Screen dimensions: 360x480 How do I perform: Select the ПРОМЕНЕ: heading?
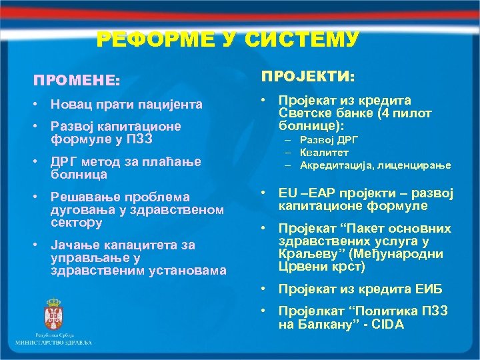point(77,80)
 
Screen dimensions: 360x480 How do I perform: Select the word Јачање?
point(74,245)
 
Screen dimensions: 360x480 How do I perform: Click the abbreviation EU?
point(288,193)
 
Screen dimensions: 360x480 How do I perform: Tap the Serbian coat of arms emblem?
point(53,314)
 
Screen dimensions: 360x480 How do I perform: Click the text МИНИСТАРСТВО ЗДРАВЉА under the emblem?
point(53,342)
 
